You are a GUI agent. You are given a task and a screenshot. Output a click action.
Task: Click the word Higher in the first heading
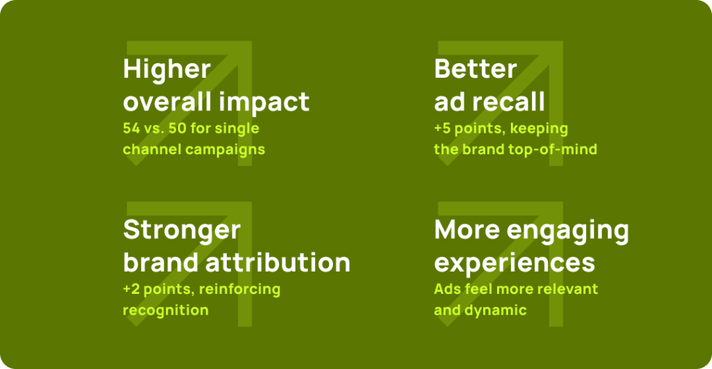click(167, 70)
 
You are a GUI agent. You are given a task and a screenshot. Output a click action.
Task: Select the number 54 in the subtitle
click(131, 128)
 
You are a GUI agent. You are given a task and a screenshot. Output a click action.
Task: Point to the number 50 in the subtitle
click(177, 128)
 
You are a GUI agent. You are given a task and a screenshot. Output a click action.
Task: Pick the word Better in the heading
click(476, 69)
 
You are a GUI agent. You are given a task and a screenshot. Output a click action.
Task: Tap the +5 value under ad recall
click(442, 129)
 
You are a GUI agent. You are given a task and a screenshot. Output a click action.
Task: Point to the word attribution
click(278, 263)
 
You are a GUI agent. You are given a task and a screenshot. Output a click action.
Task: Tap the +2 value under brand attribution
click(131, 289)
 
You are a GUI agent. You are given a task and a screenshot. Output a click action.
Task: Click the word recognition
click(165, 311)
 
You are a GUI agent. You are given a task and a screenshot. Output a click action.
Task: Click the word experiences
click(515, 263)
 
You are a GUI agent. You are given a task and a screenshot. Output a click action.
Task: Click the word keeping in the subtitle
click(539, 129)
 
